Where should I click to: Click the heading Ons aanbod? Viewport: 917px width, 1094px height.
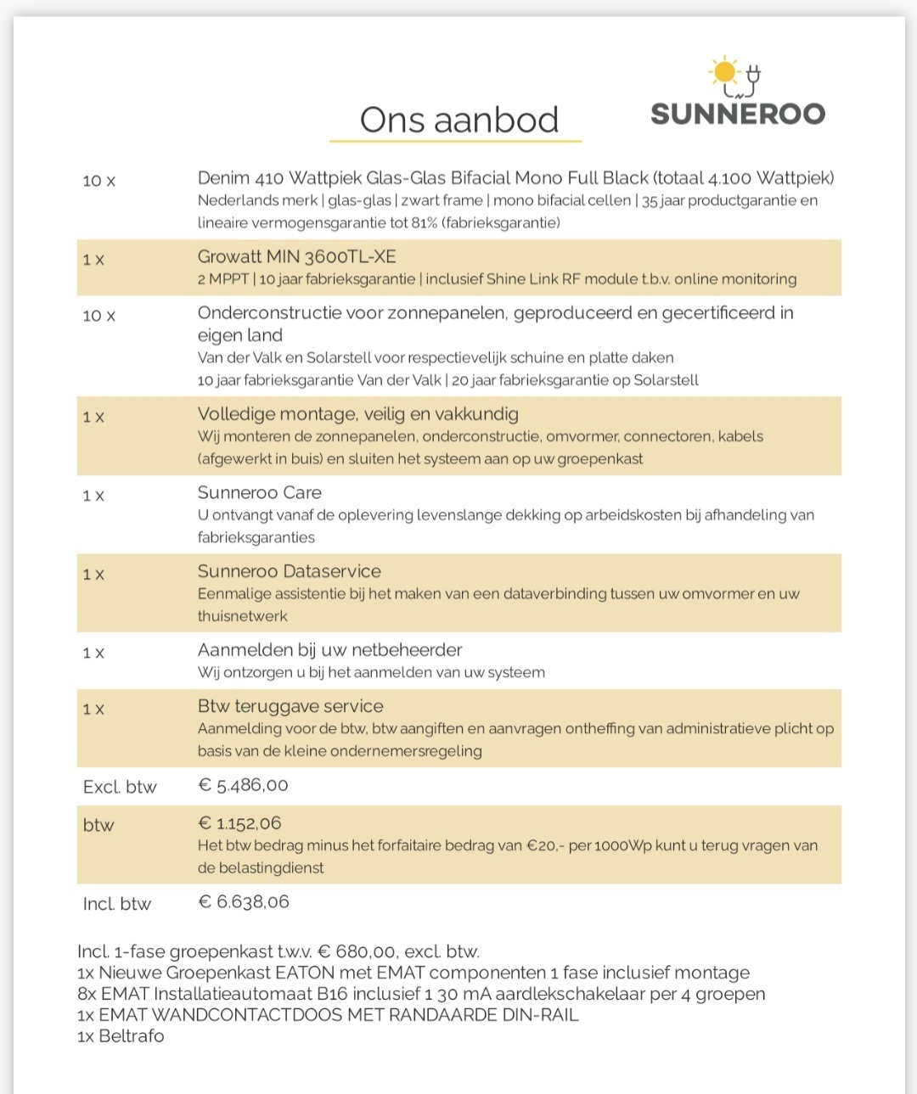tap(458, 120)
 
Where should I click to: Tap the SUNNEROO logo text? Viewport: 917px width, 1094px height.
tap(737, 114)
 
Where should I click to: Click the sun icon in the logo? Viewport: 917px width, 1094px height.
tap(724, 71)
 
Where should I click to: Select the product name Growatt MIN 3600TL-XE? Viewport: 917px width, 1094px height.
tap(296, 256)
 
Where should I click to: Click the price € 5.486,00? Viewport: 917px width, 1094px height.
tap(243, 785)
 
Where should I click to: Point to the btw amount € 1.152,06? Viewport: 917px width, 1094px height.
tap(239, 823)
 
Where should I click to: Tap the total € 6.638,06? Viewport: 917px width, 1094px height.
tap(244, 901)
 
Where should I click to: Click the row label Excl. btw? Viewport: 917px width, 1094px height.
tap(120, 787)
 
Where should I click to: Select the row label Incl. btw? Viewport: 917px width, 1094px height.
tap(117, 904)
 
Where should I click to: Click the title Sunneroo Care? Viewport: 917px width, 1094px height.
tap(259, 492)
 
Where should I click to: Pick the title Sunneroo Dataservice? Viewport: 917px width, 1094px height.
tap(289, 571)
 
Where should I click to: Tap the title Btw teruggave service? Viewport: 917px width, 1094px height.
tap(290, 706)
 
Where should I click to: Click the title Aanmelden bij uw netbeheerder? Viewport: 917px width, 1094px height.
tap(329, 650)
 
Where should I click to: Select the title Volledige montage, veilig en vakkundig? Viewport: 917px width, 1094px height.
tap(357, 414)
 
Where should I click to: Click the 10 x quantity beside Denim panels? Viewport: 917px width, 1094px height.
tap(98, 181)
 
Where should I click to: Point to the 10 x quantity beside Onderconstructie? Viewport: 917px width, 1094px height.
tap(98, 316)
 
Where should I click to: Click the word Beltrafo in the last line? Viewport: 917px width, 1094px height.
tap(131, 1035)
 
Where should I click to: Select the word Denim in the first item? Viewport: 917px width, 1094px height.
tap(223, 177)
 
